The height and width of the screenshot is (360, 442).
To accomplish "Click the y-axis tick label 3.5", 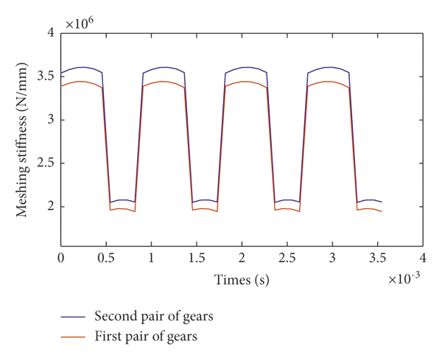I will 46,76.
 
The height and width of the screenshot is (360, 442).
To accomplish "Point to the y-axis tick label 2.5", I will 46,163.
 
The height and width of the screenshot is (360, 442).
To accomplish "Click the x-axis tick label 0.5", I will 106,259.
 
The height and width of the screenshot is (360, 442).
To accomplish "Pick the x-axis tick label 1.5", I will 197,259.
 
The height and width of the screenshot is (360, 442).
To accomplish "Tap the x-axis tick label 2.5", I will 287,259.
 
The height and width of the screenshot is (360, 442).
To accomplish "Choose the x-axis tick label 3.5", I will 378,259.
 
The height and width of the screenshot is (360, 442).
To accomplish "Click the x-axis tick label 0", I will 61,259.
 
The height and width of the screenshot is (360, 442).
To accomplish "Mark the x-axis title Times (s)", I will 242,280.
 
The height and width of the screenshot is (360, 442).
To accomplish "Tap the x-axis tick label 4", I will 423,259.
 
